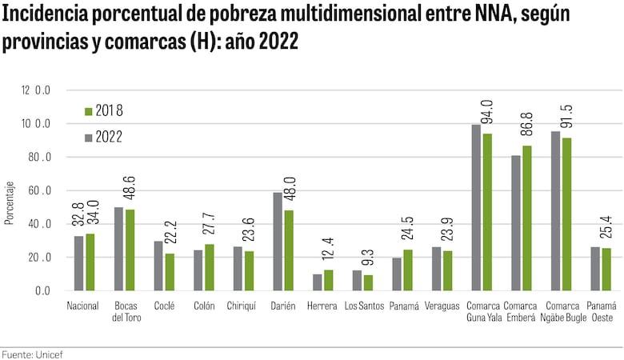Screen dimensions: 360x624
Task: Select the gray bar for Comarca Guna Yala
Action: (x=476, y=208)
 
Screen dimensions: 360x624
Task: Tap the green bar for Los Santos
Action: (x=368, y=282)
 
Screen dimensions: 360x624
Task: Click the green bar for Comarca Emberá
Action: (x=526, y=218)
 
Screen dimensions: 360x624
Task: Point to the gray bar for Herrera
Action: (x=317, y=282)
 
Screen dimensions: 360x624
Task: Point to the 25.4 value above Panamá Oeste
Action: (x=606, y=227)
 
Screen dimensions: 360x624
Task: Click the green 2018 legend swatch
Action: (x=88, y=110)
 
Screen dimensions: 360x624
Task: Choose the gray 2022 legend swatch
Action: (x=88, y=138)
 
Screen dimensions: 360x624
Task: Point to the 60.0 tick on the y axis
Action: (x=36, y=191)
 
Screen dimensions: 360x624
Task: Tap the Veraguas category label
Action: (x=442, y=306)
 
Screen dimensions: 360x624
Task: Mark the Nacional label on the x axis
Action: (x=82, y=306)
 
